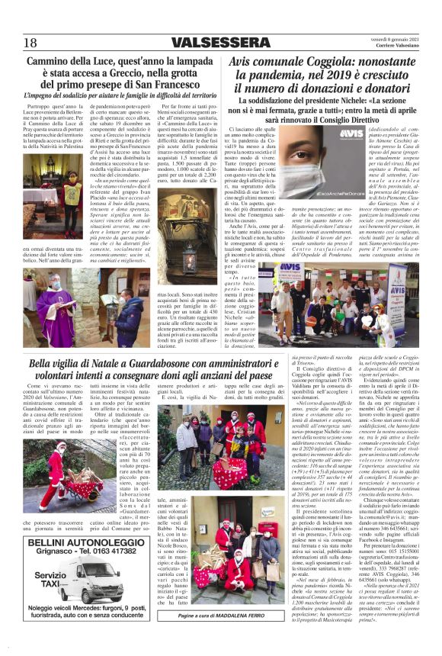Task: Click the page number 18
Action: tap(30, 42)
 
